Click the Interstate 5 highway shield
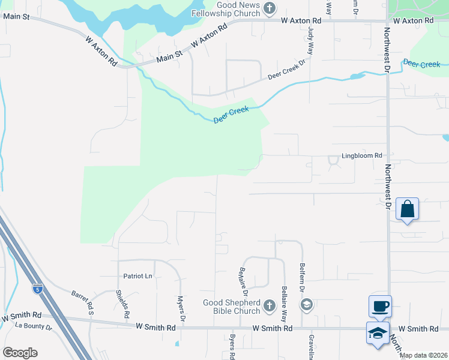(38, 289)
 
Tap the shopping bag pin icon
(407, 209)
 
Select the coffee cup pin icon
(379, 307)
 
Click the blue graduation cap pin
(378, 333)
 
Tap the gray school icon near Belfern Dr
(307, 305)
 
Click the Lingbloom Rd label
(362, 156)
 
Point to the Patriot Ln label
(138, 276)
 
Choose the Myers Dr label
(181, 308)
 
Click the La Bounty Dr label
(34, 326)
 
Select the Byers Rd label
(232, 347)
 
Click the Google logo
(20, 353)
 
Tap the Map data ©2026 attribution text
(423, 355)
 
